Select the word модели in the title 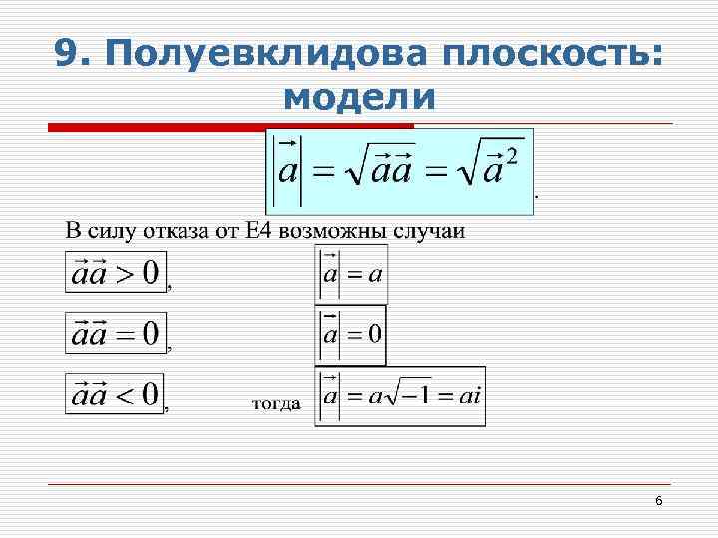tap(359, 97)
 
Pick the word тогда tap(275, 403)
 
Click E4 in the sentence tap(253, 232)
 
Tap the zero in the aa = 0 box tap(150, 334)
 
